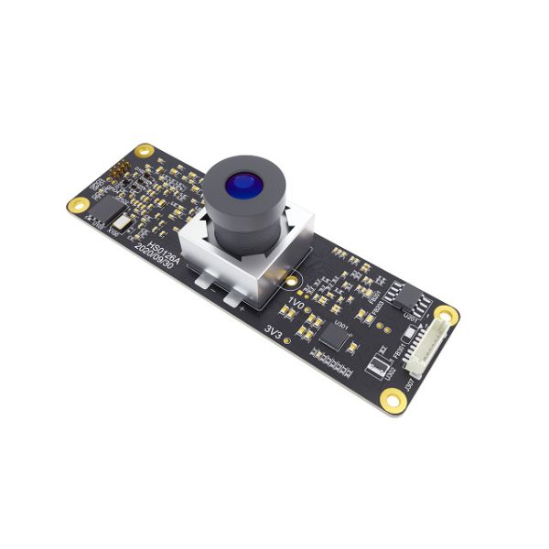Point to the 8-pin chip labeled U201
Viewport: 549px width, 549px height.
(403, 300)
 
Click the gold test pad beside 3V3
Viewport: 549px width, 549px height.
(288, 342)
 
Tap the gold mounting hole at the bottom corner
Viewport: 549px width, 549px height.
(393, 398)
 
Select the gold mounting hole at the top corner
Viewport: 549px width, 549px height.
(143, 150)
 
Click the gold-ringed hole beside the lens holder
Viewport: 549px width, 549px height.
(293, 283)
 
